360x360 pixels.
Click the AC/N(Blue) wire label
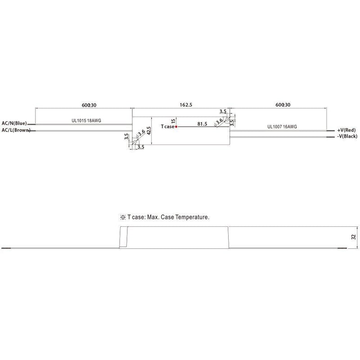(x=14, y=123)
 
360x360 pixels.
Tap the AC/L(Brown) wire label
(x=16, y=130)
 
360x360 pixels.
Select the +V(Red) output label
(x=346, y=130)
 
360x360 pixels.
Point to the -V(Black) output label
(x=347, y=136)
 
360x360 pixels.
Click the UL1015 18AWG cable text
(x=86, y=121)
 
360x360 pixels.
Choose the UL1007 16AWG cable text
(x=282, y=126)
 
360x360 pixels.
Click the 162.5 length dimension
(x=186, y=105)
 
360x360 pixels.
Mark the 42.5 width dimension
(x=148, y=130)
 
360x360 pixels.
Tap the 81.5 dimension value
(x=202, y=124)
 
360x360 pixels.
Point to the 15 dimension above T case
(x=173, y=121)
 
